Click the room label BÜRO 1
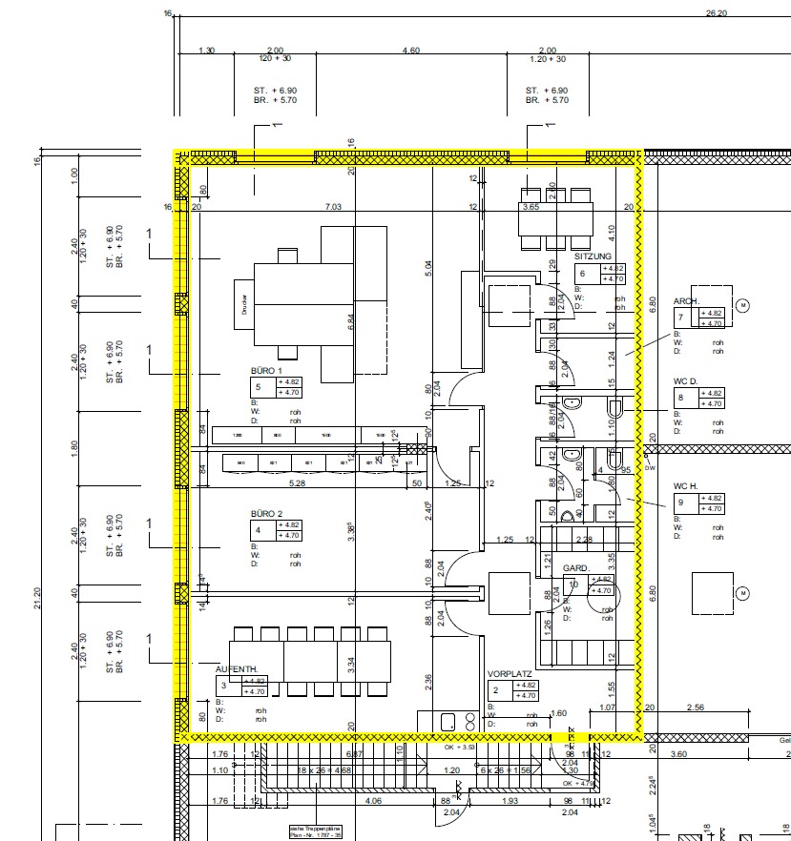[267, 370]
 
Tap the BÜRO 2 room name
[267, 514]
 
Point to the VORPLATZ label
[509, 672]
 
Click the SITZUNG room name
[593, 256]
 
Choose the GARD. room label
[576, 567]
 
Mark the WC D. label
[686, 380]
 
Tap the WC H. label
[686, 485]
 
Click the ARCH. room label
[687, 300]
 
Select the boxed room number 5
[258, 387]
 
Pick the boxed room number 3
[223, 685]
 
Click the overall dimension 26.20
[716, 13]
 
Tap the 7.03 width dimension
[334, 206]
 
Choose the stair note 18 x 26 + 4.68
[324, 769]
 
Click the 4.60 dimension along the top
[411, 50]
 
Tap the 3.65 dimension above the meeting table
[531, 207]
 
